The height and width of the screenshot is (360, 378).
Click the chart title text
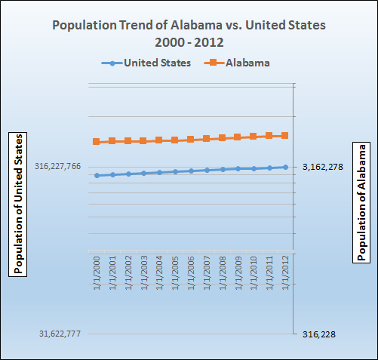(x=189, y=33)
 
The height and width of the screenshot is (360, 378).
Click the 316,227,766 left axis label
(x=57, y=167)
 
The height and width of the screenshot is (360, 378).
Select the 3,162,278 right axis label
(x=323, y=167)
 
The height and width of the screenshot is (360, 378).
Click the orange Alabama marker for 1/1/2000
(x=96, y=142)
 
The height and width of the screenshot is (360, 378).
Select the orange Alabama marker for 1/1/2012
(x=285, y=136)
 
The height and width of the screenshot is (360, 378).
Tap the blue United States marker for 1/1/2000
(x=96, y=175)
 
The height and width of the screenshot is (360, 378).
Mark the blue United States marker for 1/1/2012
(x=285, y=167)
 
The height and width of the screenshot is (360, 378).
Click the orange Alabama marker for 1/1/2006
(x=191, y=140)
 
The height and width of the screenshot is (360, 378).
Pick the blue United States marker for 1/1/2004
(x=159, y=172)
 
